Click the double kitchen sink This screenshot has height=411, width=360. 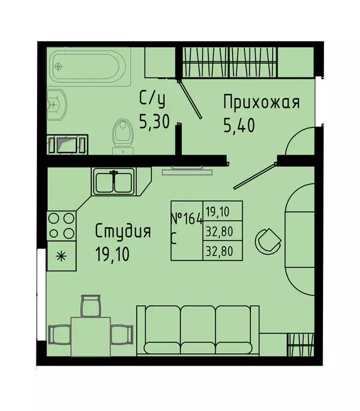coord(113,181)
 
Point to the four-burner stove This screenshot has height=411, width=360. coord(61,226)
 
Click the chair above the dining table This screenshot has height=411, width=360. coord(90,307)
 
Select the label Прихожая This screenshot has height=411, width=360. coord(261,102)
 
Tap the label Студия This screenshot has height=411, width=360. coord(123,232)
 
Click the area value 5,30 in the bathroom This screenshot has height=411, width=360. coord(154,123)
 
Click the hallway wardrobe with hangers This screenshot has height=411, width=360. coord(230,62)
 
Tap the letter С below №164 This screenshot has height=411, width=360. coord(174,239)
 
